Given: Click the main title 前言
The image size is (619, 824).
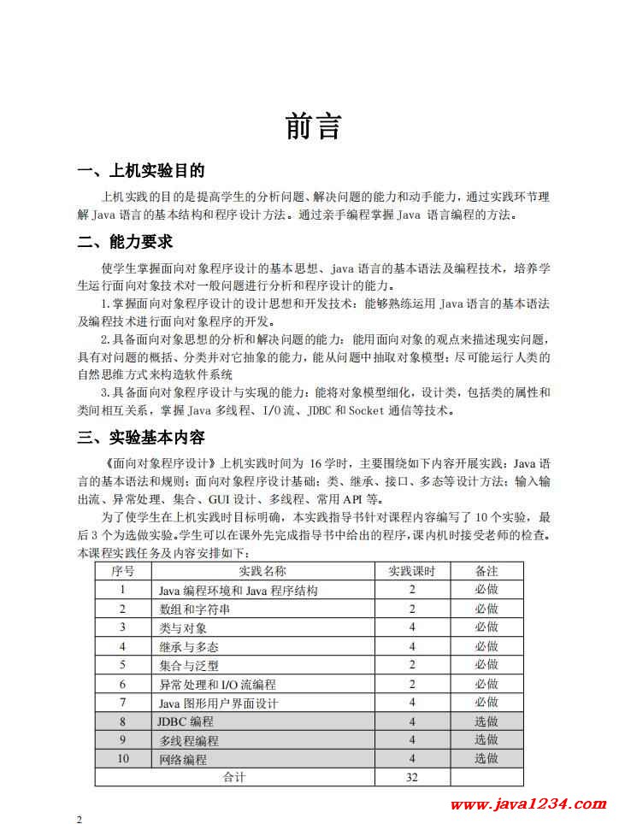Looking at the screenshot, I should (x=313, y=127).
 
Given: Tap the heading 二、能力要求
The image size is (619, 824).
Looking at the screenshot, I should (x=125, y=242).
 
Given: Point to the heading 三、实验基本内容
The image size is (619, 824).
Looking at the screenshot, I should (x=141, y=438).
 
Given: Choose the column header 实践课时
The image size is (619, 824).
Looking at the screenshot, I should (x=412, y=571).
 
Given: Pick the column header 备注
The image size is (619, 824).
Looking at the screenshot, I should (x=486, y=571).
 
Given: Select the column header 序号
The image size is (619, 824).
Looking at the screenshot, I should (x=123, y=571).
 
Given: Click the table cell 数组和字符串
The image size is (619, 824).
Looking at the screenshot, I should (x=194, y=609).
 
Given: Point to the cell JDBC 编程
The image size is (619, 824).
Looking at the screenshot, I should (x=186, y=721).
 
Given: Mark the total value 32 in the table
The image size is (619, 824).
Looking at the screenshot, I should (x=412, y=778).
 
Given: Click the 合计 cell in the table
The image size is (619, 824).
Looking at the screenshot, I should (x=234, y=778).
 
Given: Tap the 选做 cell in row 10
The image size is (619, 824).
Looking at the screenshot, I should (x=486, y=759).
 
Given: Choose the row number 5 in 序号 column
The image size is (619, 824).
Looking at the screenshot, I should (x=123, y=665).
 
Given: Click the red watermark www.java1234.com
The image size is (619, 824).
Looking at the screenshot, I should (x=528, y=804).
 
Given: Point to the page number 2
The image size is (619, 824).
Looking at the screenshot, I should (x=80, y=820).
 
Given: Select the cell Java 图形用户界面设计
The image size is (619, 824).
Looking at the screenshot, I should (x=219, y=703).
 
